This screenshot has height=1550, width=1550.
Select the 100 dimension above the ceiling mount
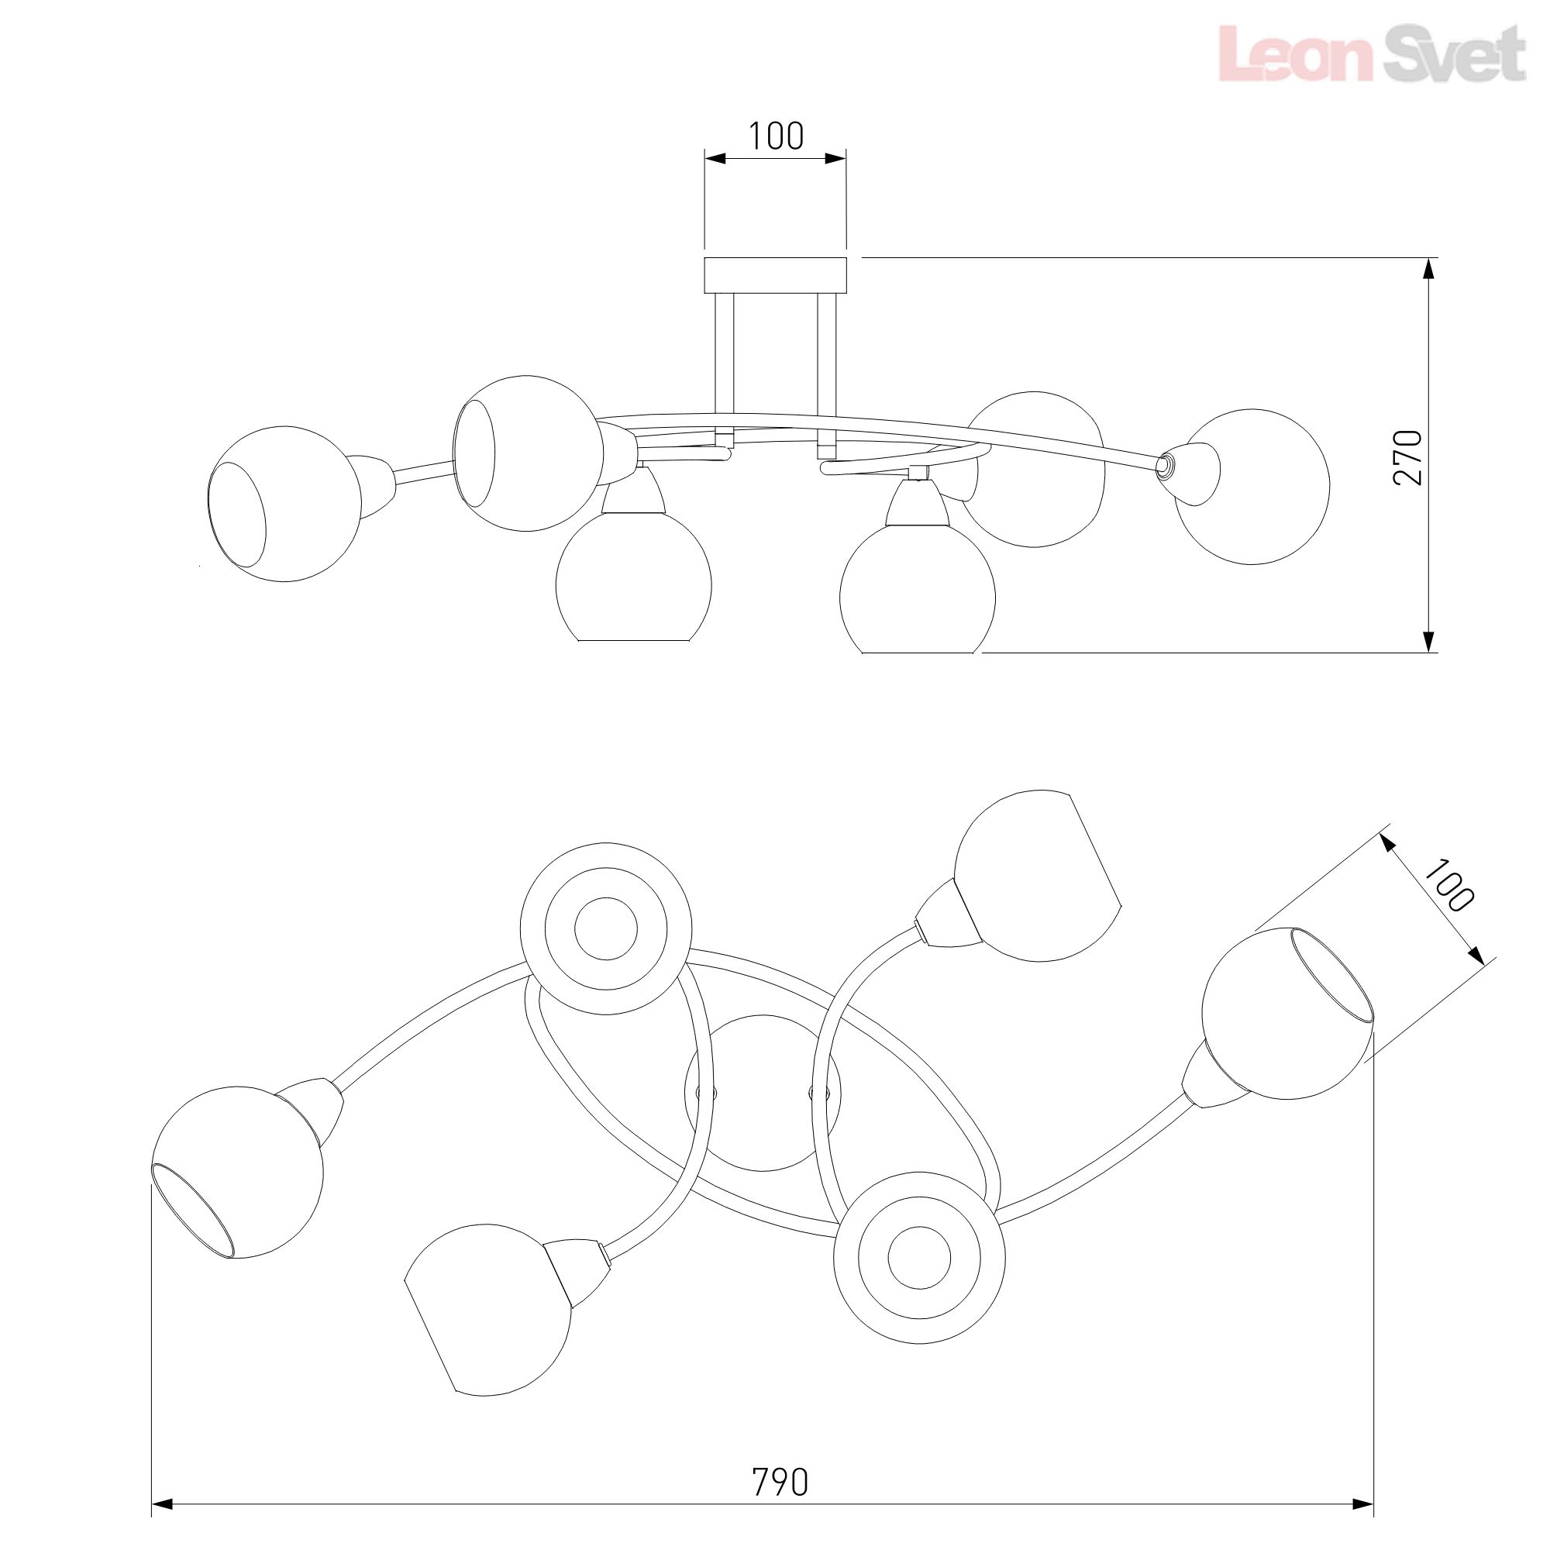pyautogui.click(x=775, y=136)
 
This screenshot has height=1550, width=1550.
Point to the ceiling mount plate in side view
pyautogui.click(x=775, y=275)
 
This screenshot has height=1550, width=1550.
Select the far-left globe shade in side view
pyautogui.click(x=284, y=503)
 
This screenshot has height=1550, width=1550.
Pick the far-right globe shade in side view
pyautogui.click(x=1252, y=487)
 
